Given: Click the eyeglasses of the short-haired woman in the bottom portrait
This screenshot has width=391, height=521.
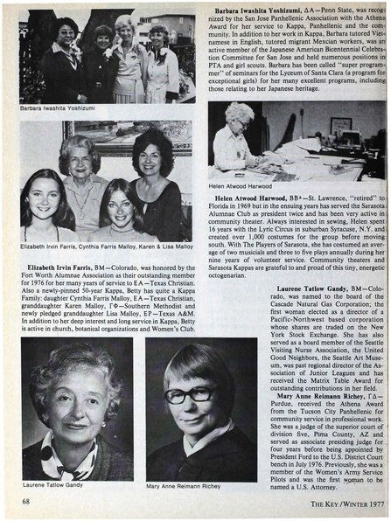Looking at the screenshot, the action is [189, 396].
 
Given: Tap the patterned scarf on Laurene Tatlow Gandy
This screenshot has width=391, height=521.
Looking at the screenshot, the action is [74, 455].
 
